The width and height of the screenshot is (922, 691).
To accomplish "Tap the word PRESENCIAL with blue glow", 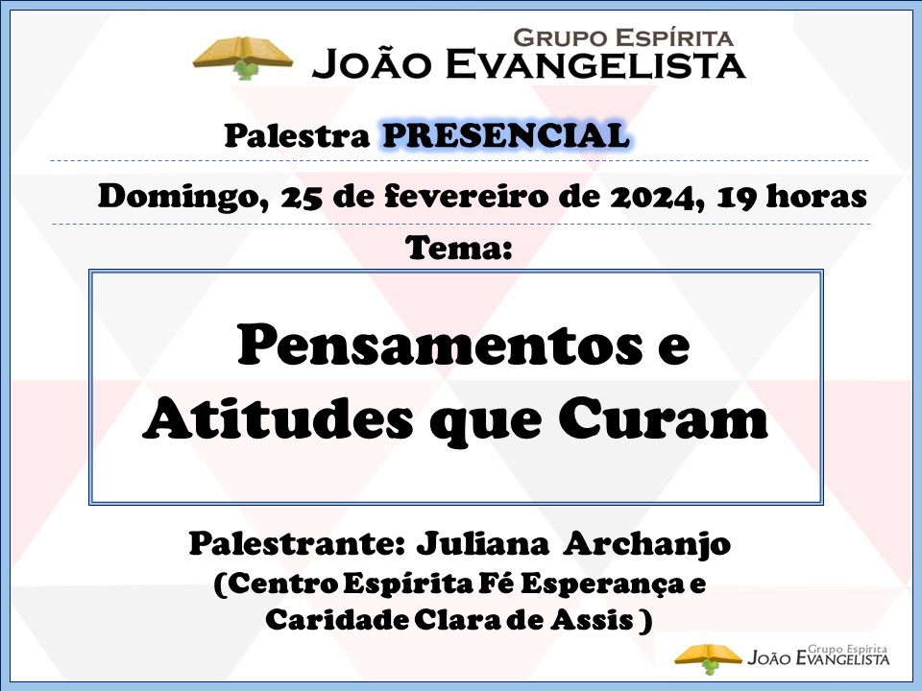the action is point(506,135).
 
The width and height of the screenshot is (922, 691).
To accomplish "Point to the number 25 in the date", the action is point(302,197).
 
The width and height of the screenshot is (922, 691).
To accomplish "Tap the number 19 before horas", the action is point(738,197).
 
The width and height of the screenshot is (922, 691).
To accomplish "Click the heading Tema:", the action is point(459,248).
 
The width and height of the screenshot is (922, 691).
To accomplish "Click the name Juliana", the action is point(482,545).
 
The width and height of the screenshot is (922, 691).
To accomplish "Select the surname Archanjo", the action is point(646,545).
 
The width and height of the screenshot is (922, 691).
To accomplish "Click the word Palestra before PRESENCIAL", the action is point(297,135).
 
